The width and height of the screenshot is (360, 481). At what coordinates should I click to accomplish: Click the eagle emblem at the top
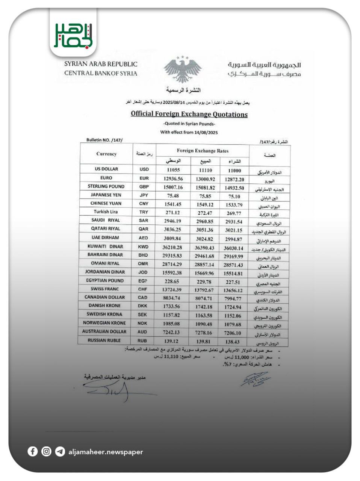coord(182,70)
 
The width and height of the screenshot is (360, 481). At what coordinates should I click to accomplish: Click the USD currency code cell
coord(144,169)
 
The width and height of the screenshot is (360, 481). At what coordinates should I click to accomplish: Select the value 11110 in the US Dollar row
coord(205,170)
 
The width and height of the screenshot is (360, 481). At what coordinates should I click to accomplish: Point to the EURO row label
coord(106,178)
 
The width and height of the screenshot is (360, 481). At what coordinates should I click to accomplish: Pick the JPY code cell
coord(144,195)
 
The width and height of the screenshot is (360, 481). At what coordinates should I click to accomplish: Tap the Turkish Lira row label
coord(106,212)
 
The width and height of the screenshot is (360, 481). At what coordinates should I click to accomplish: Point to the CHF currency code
coord(143,289)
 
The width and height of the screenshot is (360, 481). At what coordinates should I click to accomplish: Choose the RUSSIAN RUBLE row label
coord(104,340)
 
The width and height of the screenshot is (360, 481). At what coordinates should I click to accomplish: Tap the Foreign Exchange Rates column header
coord(203,151)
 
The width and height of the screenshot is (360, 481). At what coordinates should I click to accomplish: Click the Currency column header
coord(106,154)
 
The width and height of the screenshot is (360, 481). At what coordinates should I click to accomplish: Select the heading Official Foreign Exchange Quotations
coord(189,114)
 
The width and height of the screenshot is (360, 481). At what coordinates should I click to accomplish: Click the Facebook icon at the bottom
coord(33,451)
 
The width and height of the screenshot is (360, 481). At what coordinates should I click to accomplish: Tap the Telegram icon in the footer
coord(60,451)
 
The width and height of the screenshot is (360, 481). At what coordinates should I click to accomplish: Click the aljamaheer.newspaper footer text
coord(106,452)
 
